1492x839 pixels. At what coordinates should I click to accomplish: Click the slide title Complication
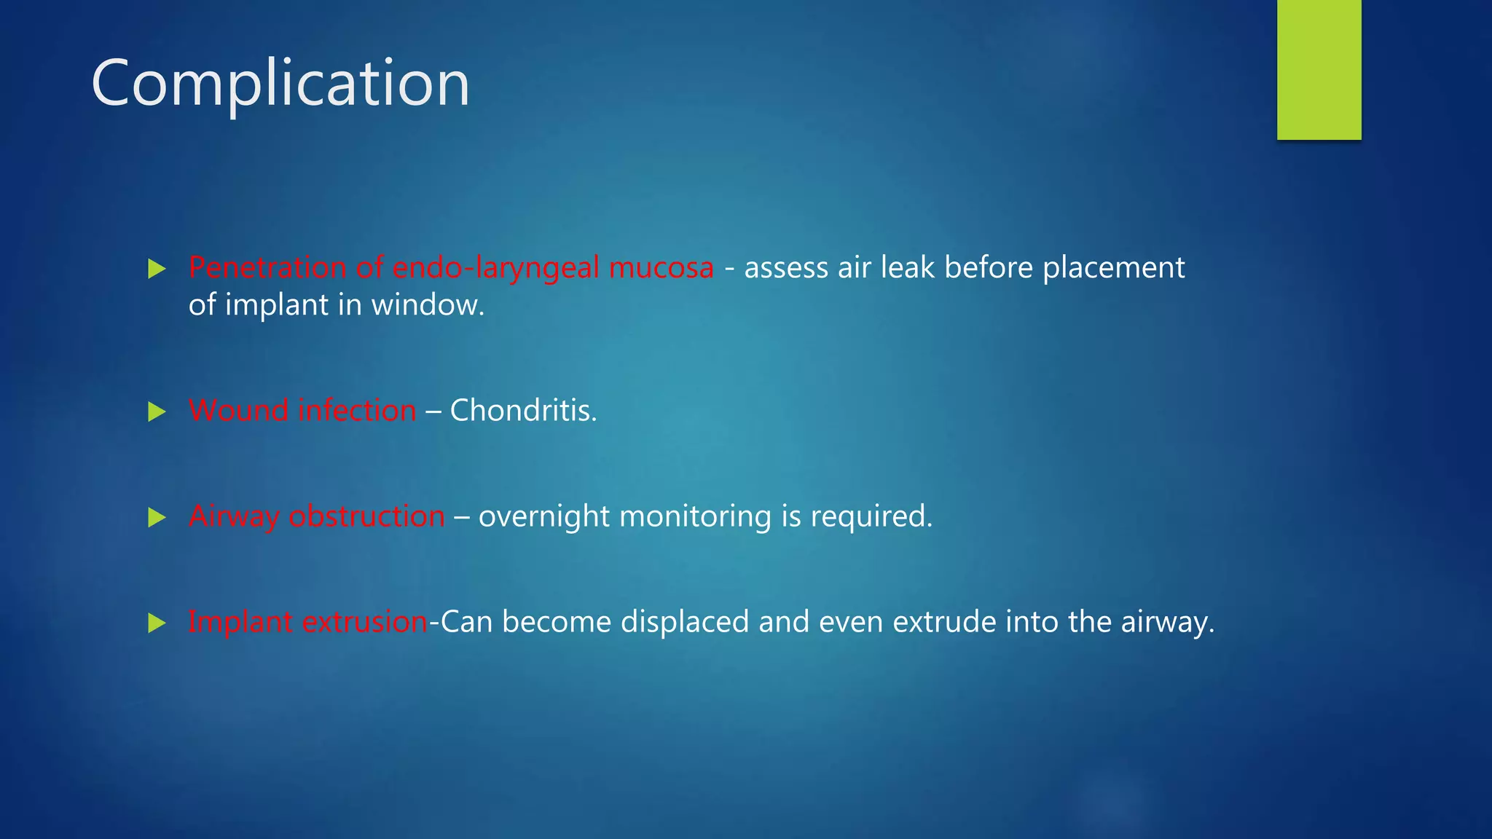tap(280, 84)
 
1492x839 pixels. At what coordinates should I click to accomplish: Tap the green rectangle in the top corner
tap(1319, 69)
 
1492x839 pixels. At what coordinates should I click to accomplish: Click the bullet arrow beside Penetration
tap(157, 269)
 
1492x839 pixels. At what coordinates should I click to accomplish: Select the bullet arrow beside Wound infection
tap(157, 411)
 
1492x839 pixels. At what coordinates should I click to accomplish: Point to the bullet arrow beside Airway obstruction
tap(157, 517)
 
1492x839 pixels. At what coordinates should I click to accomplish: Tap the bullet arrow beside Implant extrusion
tap(157, 623)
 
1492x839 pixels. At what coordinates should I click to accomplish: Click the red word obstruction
tap(366, 516)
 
